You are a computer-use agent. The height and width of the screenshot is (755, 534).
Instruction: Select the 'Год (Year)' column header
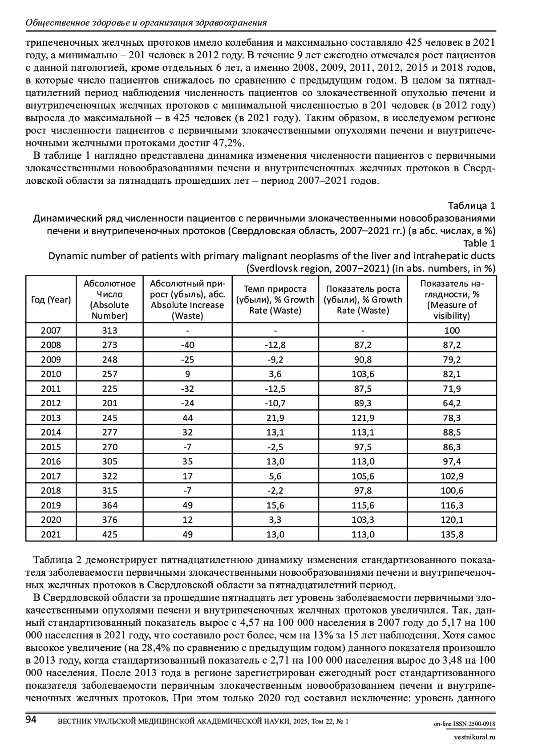pos(51,299)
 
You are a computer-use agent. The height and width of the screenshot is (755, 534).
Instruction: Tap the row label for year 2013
pos(51,418)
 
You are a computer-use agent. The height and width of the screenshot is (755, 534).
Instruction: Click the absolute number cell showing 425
pos(109,534)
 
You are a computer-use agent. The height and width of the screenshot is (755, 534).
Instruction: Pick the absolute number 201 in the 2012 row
pos(109,403)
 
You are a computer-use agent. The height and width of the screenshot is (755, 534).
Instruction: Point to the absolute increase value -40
pos(187,345)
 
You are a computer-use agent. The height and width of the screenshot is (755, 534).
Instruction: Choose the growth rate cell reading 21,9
pos(275,418)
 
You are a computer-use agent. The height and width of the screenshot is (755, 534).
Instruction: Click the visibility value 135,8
pos(452,534)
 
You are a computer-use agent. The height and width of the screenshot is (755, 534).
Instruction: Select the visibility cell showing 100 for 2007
pos(452,330)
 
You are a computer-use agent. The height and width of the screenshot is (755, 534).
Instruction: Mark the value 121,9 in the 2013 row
pos(363,418)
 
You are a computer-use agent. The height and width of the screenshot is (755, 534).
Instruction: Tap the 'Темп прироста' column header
pos(275,299)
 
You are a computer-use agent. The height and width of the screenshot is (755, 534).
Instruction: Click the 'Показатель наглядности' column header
pos(452,299)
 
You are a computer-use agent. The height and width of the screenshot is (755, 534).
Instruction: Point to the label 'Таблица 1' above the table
pos(471,206)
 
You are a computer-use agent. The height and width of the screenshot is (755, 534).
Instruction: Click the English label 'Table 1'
pos(479,243)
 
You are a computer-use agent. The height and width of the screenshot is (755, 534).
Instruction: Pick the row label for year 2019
pos(51,505)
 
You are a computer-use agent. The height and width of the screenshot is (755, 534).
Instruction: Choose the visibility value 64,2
pos(452,403)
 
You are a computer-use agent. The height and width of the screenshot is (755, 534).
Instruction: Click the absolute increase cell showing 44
pos(187,418)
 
